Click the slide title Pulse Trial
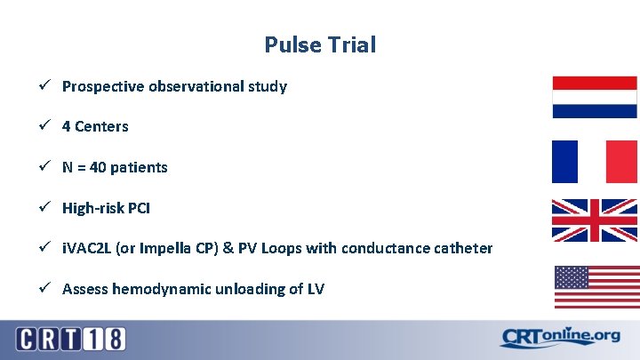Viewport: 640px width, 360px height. tap(320, 44)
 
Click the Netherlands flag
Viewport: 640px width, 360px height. tap(595, 97)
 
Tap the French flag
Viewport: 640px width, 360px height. tap(595, 161)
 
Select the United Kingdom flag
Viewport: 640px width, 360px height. tap(595, 220)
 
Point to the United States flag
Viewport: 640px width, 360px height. tap(596, 286)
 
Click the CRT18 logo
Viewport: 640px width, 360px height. tap(70, 339)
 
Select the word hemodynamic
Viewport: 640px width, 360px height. tap(154, 288)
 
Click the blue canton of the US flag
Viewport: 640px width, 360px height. tap(572, 276)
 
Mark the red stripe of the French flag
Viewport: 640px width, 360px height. tap(623, 161)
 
